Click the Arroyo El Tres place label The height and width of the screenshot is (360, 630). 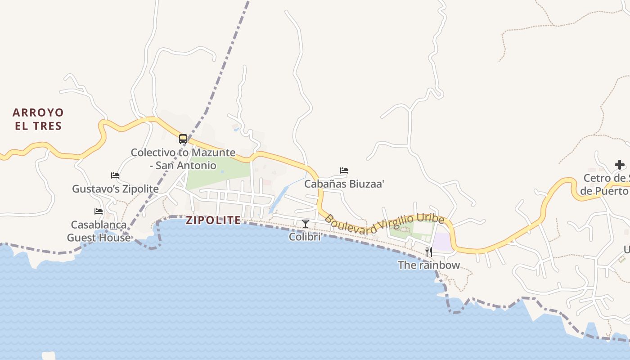(38, 119)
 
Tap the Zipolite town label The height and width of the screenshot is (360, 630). (213, 220)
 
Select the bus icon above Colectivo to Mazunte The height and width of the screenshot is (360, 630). (183, 139)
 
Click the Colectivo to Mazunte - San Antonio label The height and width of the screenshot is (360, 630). (183, 159)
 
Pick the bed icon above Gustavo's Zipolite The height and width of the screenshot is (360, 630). (115, 175)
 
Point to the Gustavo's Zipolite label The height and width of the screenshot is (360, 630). (115, 189)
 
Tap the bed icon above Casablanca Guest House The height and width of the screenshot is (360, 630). (99, 211)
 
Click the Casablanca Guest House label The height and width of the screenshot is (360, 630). (99, 231)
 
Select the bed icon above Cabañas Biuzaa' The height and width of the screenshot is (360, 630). (344, 171)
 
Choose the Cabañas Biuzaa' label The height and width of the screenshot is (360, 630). (344, 184)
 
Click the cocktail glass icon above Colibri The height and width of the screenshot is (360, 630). (306, 223)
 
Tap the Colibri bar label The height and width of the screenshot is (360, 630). (305, 236)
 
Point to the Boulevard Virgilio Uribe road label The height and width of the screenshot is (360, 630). (384, 225)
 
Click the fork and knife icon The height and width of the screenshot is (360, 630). (429, 252)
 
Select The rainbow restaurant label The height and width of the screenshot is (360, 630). (429, 265)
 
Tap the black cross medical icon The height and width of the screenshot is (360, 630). (620, 165)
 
